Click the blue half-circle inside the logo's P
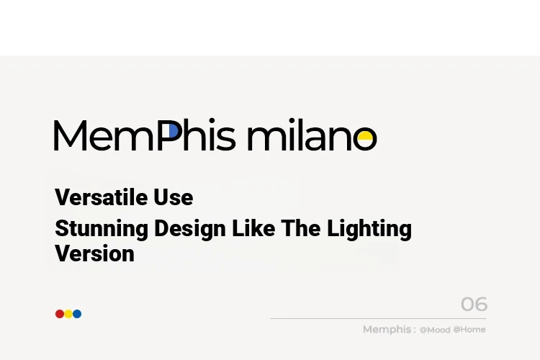174,131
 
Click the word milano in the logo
312,135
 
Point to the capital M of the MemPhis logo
71,135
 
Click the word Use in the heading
174,197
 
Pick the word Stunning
102,229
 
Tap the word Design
190,229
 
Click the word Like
253,228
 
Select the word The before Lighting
301,228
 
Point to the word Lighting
369,229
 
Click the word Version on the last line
95,253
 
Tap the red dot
60,314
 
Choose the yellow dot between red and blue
68,314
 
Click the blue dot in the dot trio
77,314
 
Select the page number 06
474,304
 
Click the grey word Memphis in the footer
387,330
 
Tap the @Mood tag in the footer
435,330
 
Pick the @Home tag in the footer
469,329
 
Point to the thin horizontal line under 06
378,319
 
